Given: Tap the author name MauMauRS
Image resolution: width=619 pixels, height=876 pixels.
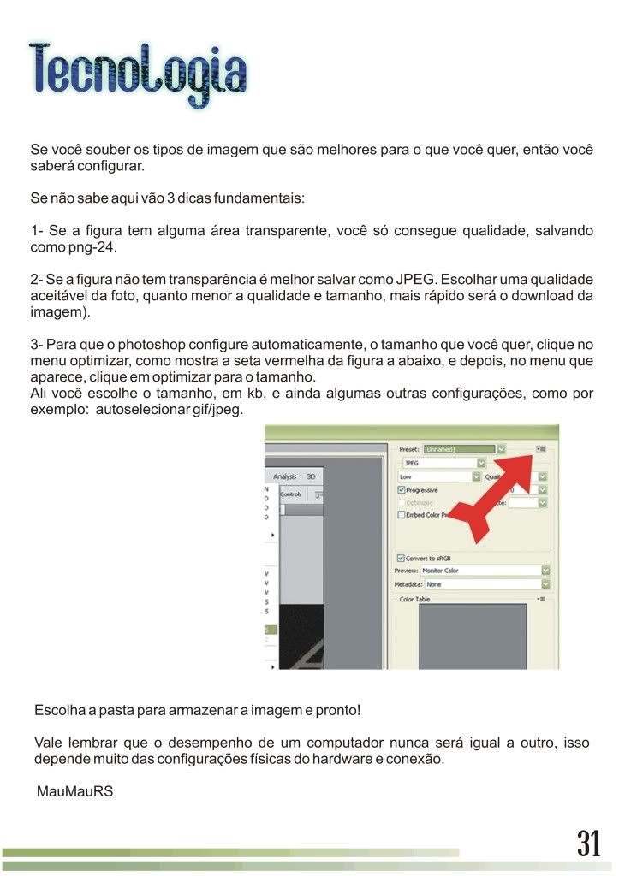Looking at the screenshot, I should (74, 791).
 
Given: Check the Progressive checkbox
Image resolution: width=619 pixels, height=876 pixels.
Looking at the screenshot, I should (402, 490).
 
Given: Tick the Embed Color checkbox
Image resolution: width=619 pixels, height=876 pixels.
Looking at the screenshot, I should (402, 515).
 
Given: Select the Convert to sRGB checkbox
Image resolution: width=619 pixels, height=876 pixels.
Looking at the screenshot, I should (402, 558).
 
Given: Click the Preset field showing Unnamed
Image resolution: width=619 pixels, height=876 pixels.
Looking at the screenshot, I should (458, 449).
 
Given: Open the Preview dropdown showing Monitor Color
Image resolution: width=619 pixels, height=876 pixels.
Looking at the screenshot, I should (485, 570).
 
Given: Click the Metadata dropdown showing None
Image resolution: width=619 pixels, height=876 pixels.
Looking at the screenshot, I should (485, 584).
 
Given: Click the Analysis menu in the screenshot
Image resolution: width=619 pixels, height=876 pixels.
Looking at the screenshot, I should (284, 476).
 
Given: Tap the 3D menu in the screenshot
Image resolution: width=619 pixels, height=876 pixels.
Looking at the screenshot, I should (311, 476).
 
